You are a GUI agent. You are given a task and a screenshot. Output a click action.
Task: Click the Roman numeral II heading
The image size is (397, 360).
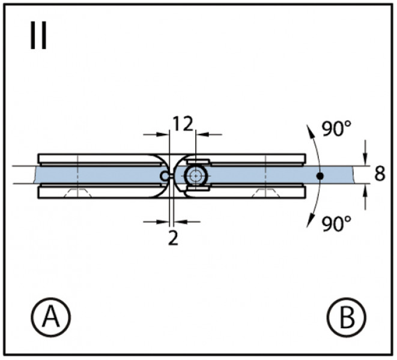pos(38,35)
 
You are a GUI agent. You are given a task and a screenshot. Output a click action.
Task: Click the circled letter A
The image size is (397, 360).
pos(51,317)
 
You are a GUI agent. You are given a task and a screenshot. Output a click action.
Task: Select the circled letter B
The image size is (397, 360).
pos(347,317)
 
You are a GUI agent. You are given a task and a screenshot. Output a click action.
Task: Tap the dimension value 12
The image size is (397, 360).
pos(183,124)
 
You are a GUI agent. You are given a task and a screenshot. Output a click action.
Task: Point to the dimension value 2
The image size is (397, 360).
pos(173,238)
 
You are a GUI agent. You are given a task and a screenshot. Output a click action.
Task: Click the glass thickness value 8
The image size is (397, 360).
pos(380,174)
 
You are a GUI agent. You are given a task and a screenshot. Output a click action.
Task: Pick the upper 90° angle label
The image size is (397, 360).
pos(336,128)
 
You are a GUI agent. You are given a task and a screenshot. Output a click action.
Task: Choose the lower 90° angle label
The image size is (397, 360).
pos(336,224)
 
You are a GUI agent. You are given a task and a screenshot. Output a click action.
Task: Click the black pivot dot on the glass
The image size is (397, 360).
pos(320,176)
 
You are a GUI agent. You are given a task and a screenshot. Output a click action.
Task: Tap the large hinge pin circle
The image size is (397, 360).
pos(196,176)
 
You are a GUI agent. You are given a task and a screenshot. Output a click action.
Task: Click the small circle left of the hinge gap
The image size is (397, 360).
pos(165,176)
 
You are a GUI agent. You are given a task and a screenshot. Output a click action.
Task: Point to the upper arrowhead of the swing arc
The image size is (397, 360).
pos(310,131)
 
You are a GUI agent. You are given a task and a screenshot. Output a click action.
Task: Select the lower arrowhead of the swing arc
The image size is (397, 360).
pos(310,220)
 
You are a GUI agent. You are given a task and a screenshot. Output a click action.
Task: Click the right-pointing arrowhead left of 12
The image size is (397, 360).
pos(162,134)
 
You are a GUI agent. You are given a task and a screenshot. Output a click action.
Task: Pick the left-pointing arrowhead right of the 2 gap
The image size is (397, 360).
pos(181,222)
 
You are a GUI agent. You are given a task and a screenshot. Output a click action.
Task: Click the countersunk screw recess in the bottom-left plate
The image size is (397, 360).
pos(78,193)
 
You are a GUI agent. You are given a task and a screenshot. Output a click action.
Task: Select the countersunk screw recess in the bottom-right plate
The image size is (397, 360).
pos(265,193)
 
